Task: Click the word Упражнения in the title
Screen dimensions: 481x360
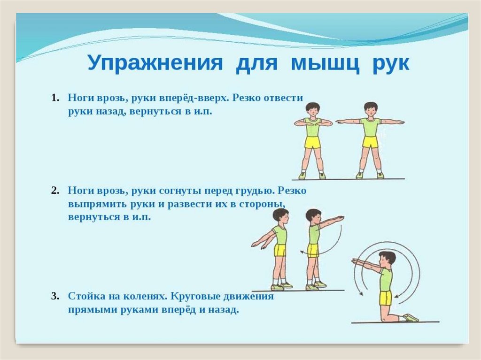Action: pyautogui.click(x=155, y=63)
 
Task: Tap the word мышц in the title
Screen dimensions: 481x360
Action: pyautogui.click(x=325, y=63)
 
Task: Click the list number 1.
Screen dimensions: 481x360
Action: pyautogui.click(x=55, y=98)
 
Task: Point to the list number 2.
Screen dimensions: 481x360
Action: pyautogui.click(x=55, y=191)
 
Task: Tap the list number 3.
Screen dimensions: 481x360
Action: pyautogui.click(x=55, y=297)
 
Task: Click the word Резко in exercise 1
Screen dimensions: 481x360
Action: pyautogui.click(x=247, y=98)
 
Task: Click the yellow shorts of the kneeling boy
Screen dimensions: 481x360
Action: pyautogui.click(x=386, y=299)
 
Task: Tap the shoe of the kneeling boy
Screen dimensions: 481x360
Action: pyautogui.click(x=411, y=318)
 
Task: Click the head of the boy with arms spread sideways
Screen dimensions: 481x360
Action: pyautogui.click(x=371, y=110)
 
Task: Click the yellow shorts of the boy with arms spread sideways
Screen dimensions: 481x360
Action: pyautogui.click(x=370, y=142)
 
